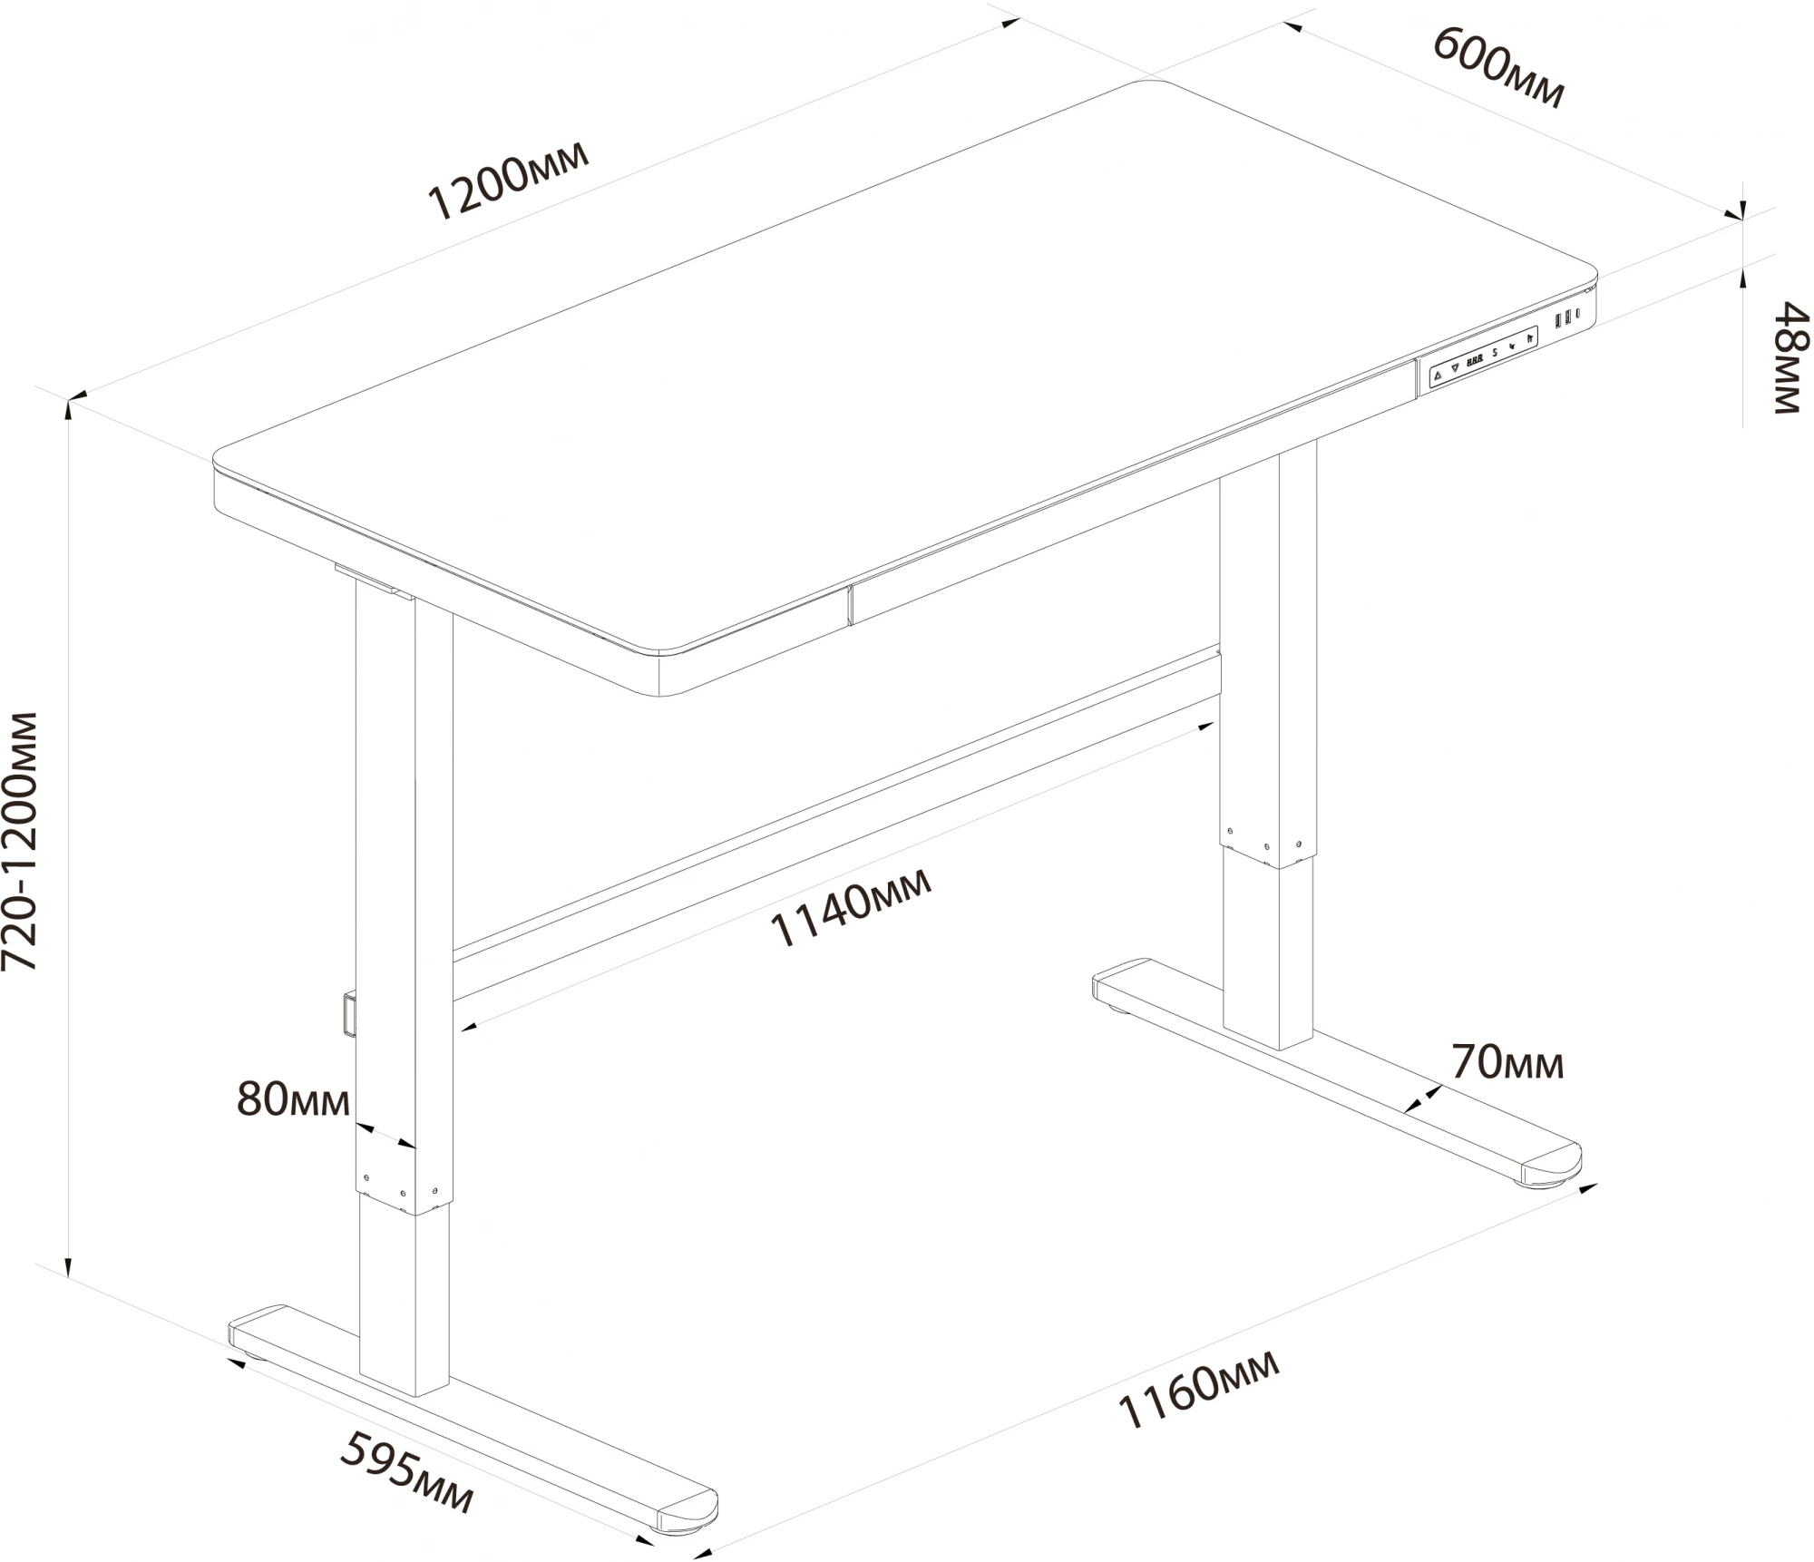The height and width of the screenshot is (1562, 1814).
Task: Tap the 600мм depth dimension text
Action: (x=1498, y=67)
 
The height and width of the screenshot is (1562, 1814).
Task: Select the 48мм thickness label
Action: (x=1791, y=358)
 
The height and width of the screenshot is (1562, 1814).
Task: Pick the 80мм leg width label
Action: (x=293, y=1099)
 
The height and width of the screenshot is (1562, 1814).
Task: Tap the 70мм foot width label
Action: (x=1507, y=1062)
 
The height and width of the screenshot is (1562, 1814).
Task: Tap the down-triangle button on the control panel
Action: (x=1455, y=368)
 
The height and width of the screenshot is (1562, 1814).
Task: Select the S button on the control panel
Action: (x=1495, y=354)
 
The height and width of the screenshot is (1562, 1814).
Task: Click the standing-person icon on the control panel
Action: (x=1530, y=338)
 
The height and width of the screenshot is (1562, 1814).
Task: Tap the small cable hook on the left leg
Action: (x=349, y=1012)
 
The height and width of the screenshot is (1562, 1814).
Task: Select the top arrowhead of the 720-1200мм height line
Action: (x=69, y=410)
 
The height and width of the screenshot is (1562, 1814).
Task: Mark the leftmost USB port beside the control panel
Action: (x=1558, y=321)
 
